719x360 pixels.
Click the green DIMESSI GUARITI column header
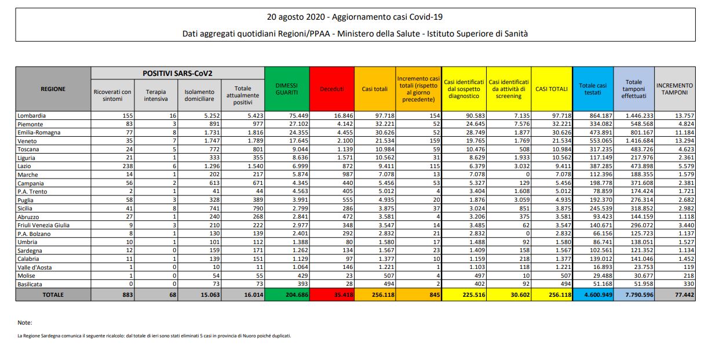[x=287, y=89]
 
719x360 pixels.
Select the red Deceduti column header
[x=331, y=89]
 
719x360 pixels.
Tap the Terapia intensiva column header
[x=156, y=95]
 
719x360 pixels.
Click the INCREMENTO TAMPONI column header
[x=674, y=89]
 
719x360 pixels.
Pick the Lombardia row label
[x=31, y=115]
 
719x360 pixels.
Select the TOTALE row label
[x=53, y=294]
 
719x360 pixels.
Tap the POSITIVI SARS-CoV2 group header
[x=177, y=73]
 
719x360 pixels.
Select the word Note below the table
[x=25, y=322]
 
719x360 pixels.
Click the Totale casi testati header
[x=593, y=89]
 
